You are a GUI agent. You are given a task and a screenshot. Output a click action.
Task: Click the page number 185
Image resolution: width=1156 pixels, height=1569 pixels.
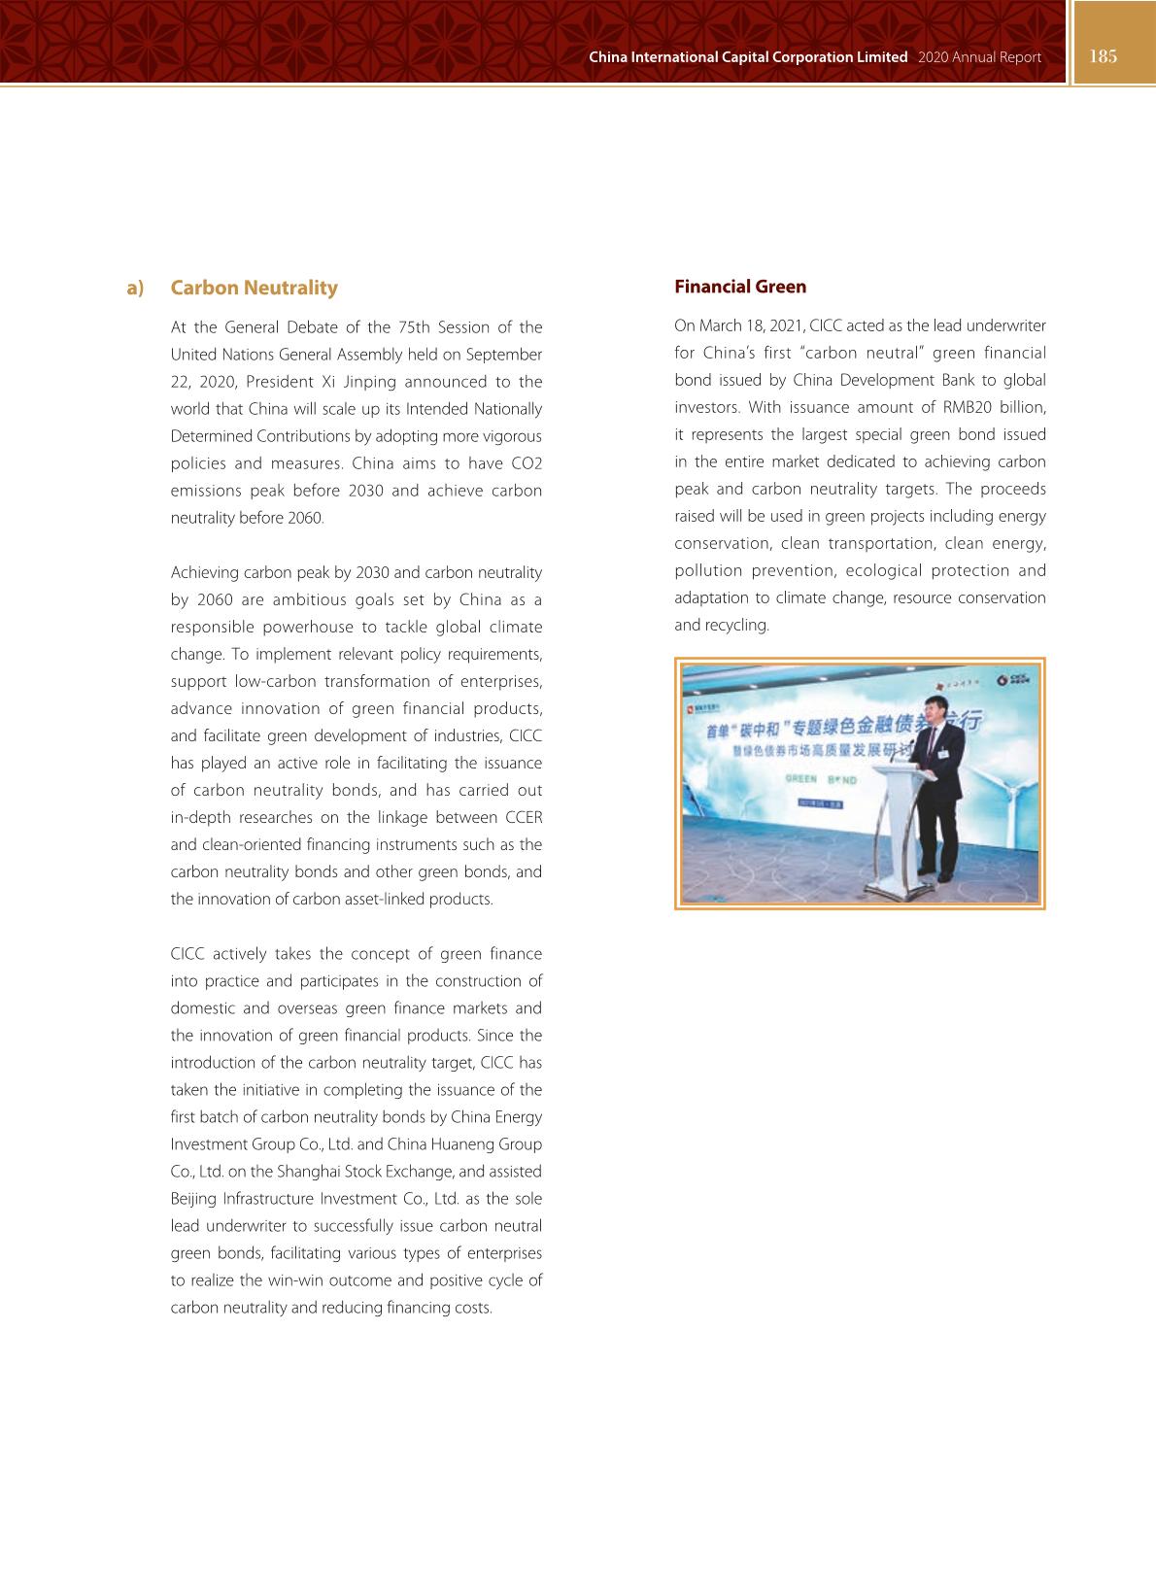[1104, 56]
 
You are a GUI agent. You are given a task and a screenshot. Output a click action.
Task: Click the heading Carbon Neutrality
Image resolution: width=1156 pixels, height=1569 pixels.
[254, 288]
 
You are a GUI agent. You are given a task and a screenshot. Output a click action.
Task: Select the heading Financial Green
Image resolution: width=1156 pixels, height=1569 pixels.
[740, 287]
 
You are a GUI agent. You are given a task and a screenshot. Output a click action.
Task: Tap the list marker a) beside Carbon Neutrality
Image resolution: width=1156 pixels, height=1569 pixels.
[135, 288]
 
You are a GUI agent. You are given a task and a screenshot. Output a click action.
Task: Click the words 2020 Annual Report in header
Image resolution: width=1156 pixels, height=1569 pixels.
[978, 57]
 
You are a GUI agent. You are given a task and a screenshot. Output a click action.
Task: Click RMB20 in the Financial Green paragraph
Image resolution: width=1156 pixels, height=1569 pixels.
[962, 407]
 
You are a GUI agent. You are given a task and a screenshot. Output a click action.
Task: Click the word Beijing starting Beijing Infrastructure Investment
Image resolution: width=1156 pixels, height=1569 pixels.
[193, 1199]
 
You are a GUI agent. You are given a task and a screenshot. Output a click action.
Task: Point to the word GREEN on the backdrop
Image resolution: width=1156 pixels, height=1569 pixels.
[802, 778]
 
